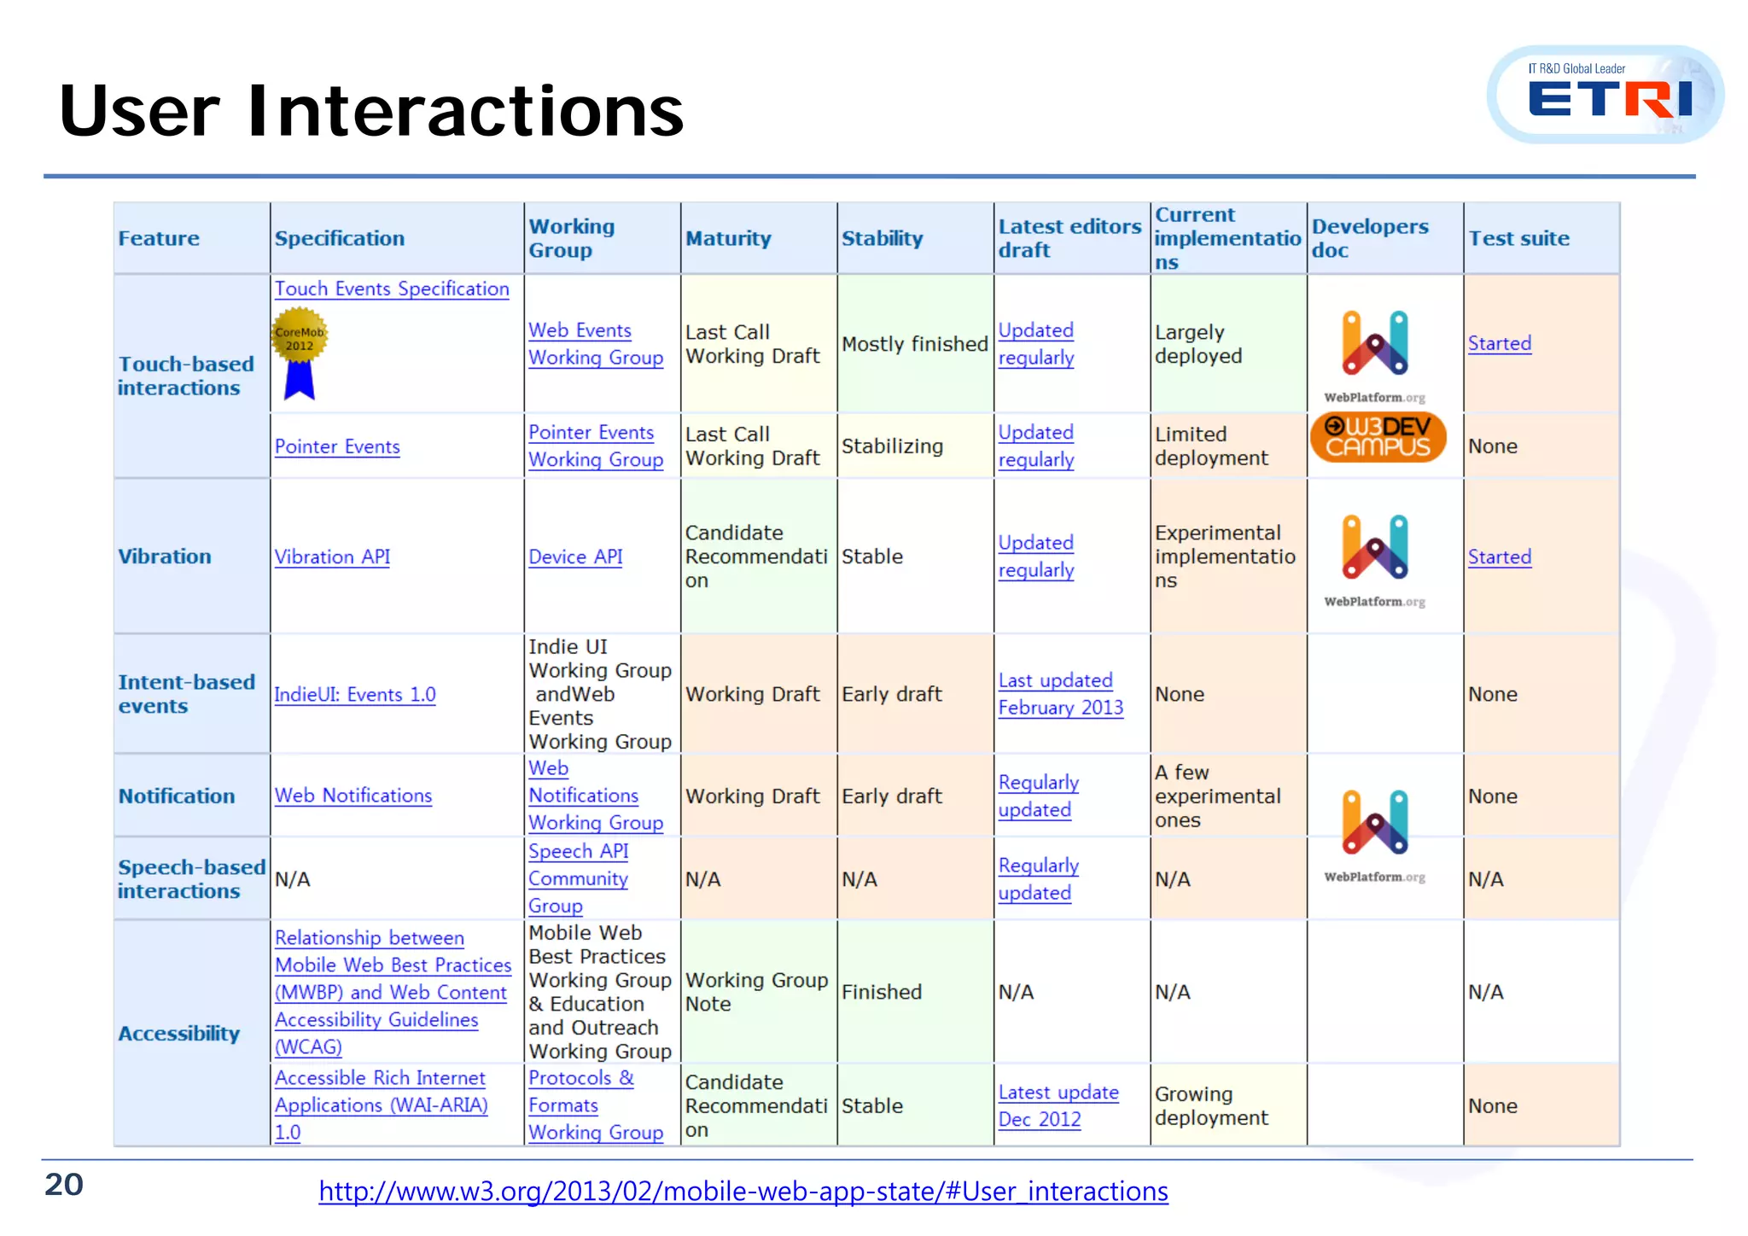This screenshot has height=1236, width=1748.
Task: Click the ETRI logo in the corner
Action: tap(1605, 95)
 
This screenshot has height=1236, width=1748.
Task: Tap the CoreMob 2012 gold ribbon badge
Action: tap(300, 352)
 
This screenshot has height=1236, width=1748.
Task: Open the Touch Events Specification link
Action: tap(392, 289)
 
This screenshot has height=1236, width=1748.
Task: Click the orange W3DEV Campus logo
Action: tap(1378, 437)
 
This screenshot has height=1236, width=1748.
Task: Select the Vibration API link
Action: tap(332, 557)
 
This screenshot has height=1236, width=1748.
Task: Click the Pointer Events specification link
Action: tap(337, 446)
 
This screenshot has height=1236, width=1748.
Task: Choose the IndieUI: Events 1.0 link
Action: tap(355, 695)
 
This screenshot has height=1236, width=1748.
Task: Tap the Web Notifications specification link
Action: tap(353, 796)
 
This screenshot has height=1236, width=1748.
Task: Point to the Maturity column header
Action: tap(728, 239)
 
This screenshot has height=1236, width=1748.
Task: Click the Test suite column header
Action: tap(1518, 239)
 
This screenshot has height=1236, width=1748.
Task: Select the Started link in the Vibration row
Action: tap(1500, 557)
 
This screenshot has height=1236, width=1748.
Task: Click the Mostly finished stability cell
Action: tap(914, 344)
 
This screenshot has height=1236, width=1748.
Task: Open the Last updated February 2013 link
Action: tap(1060, 694)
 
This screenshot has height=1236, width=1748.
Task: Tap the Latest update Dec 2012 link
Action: tap(1058, 1105)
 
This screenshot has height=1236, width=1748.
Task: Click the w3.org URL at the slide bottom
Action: tap(743, 1191)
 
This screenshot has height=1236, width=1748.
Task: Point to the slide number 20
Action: tap(64, 1185)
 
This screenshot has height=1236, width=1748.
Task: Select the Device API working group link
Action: tap(575, 557)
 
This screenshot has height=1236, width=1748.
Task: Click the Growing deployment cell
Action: tap(1211, 1105)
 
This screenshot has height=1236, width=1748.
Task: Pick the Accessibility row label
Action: tap(179, 1034)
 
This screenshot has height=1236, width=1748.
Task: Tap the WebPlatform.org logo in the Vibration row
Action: tap(1375, 559)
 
